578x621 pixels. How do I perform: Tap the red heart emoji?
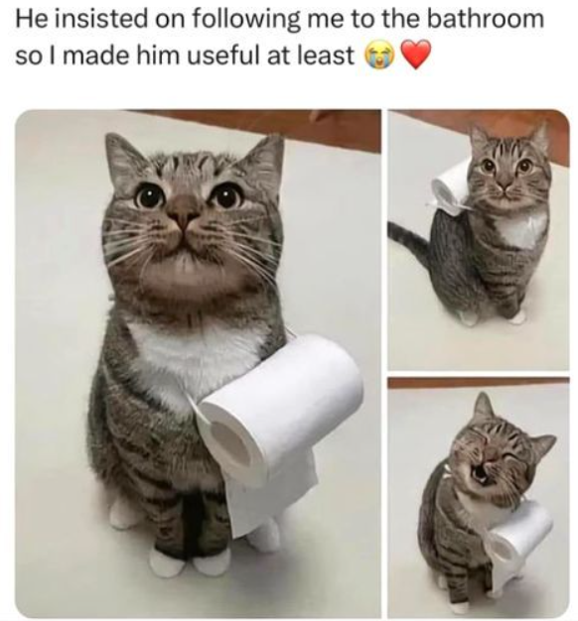[415, 55]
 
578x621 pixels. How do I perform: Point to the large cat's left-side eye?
[150, 194]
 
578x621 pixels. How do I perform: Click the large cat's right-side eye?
[226, 194]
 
